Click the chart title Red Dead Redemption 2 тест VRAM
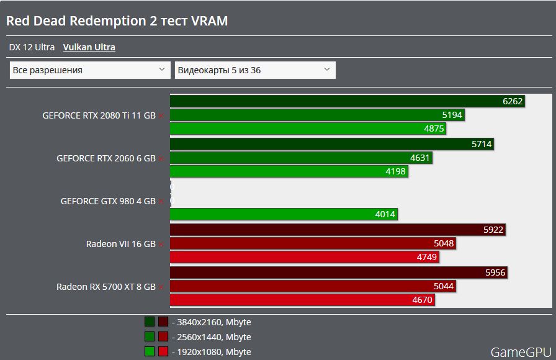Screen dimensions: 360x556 point(117,21)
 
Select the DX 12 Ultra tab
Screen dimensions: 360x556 point(32,47)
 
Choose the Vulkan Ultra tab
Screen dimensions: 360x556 point(89,47)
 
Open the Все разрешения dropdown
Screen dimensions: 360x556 point(90,70)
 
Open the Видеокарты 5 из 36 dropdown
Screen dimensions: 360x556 point(255,70)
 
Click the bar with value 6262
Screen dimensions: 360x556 point(347,101)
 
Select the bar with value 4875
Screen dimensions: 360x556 point(308,128)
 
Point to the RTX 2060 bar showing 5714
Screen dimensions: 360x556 point(332,144)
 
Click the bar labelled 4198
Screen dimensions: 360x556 point(289,172)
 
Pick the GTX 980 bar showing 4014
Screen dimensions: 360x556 point(284,214)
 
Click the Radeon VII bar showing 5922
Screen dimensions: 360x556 point(338,230)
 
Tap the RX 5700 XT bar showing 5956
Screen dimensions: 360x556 point(339,272)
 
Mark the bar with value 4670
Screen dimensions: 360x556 point(302,300)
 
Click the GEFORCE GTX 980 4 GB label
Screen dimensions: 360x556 point(107,201)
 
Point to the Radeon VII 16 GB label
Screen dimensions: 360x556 point(120,244)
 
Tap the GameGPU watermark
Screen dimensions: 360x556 point(520,352)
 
